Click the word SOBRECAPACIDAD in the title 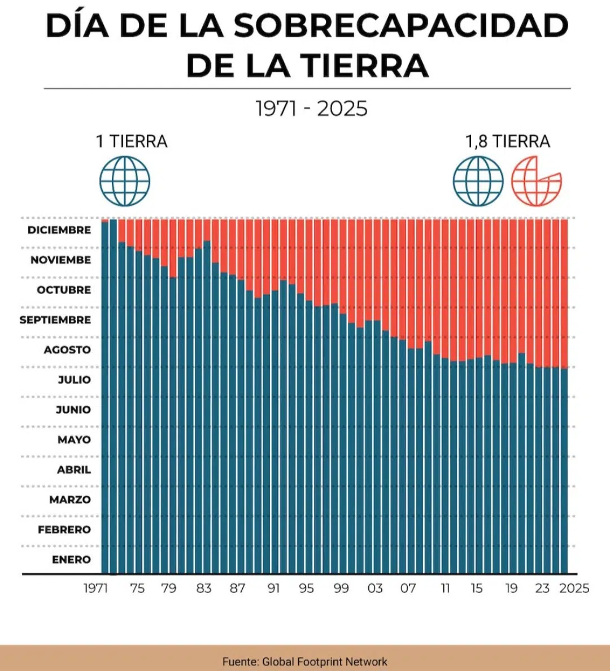click(x=400, y=26)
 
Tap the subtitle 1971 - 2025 click(x=311, y=109)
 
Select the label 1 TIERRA click(x=132, y=141)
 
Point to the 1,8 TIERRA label click(x=507, y=141)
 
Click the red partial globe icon click(x=536, y=181)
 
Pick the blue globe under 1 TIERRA click(x=125, y=181)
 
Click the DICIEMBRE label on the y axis click(x=59, y=230)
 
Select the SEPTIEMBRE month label click(x=55, y=320)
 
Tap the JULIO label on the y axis click(x=75, y=380)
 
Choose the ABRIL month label click(x=74, y=470)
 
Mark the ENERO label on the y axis click(x=71, y=560)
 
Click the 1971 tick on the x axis click(x=95, y=588)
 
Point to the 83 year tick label click(x=204, y=588)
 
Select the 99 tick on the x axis click(x=341, y=588)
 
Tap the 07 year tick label click(x=408, y=588)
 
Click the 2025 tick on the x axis click(x=574, y=588)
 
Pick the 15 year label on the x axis click(x=477, y=588)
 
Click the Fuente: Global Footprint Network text click(x=305, y=661)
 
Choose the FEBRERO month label click(x=64, y=530)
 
